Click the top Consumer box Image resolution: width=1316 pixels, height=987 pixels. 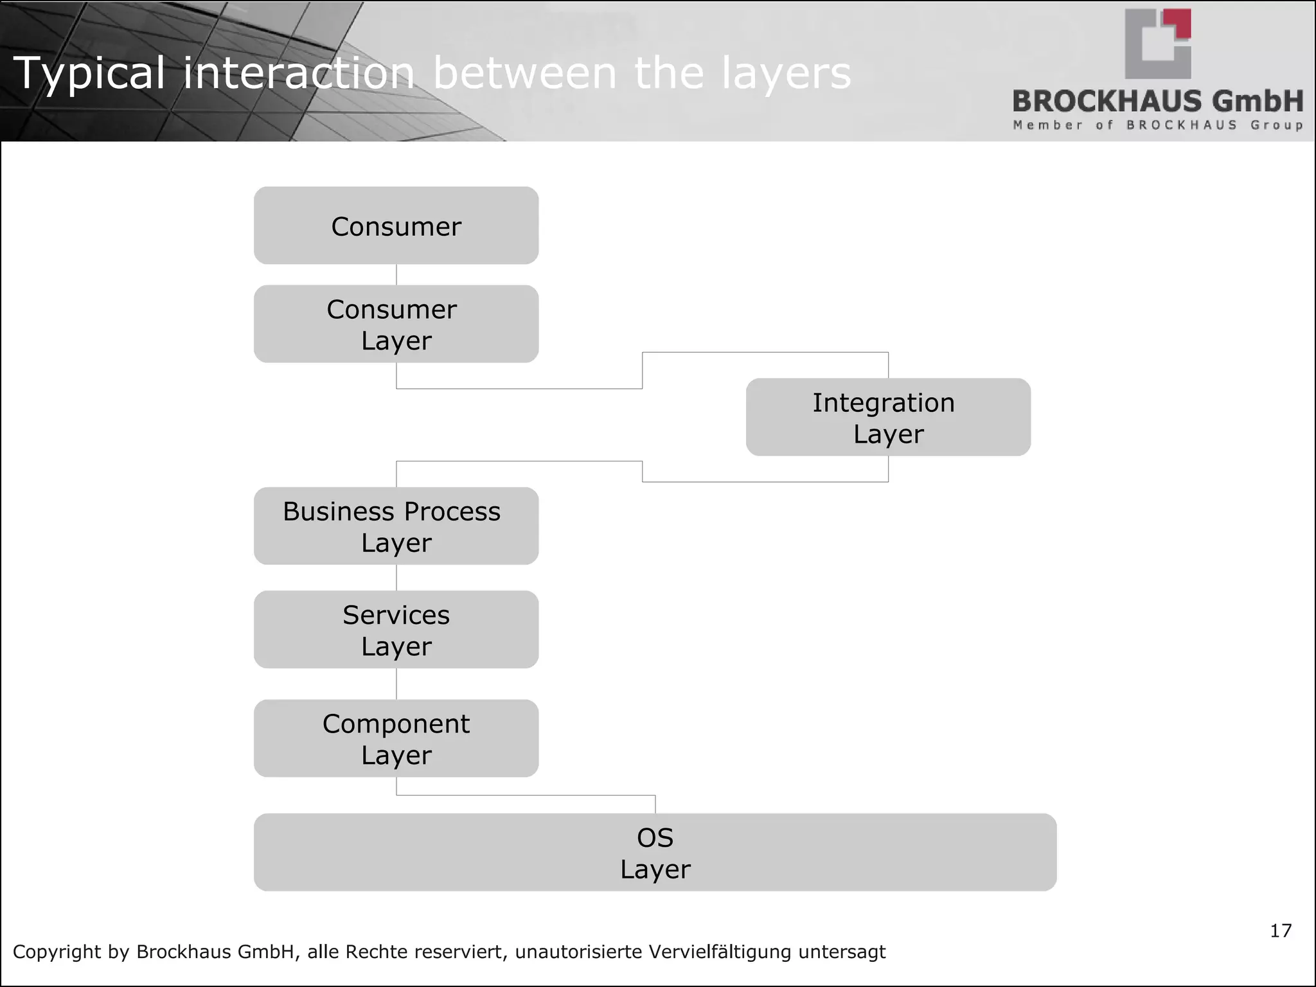pos(396,226)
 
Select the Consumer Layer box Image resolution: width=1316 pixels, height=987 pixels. pos(396,324)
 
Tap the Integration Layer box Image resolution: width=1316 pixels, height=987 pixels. pos(888,417)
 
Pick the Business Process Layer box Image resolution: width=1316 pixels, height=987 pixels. pos(396,526)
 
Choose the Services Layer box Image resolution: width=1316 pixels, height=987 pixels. pos(396,629)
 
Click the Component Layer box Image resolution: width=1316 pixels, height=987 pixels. pos(396,738)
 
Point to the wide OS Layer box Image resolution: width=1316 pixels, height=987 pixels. pos(655,852)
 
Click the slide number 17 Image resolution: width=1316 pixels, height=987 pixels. pos(1280,930)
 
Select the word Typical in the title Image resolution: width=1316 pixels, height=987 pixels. pos(89,73)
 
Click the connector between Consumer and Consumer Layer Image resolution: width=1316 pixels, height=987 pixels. pos(396,274)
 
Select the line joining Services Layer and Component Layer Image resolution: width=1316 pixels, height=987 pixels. pos(396,684)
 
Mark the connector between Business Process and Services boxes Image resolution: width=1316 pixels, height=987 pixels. pos(396,578)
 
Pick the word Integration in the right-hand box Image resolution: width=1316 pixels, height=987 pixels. pos(884,403)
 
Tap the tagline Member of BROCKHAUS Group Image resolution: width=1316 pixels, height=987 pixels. pos(1158,125)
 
